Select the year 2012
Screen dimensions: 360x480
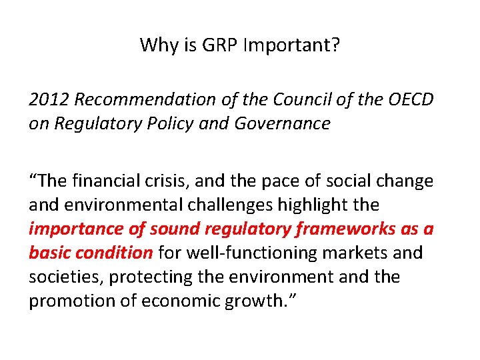pos(49,99)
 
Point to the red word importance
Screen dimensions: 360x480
pos(76,229)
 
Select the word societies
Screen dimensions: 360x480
pos(57,277)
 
